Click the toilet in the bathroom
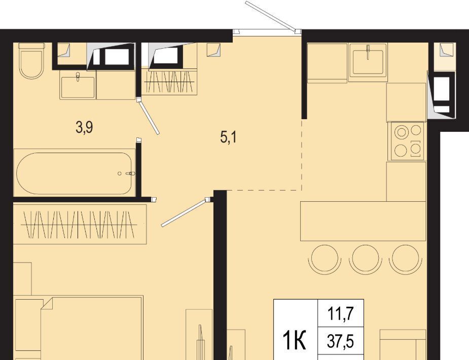[x=31, y=61]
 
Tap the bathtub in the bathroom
[x=74, y=173]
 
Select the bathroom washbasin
[x=78, y=85]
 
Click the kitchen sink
[x=368, y=62]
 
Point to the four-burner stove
[x=406, y=141]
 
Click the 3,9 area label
[x=84, y=127]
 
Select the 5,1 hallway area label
[x=229, y=137]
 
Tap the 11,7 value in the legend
[x=341, y=314]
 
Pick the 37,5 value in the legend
[x=341, y=341]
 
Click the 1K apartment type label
[x=295, y=342]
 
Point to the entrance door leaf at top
[x=272, y=16]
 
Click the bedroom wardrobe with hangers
[x=80, y=224]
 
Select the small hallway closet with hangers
[x=169, y=82]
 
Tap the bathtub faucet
[x=130, y=173]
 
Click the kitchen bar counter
[x=363, y=221]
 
